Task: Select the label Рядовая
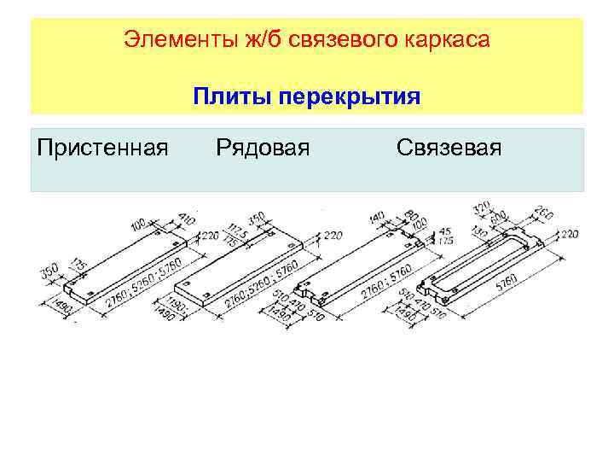(262, 149)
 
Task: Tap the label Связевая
(449, 149)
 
